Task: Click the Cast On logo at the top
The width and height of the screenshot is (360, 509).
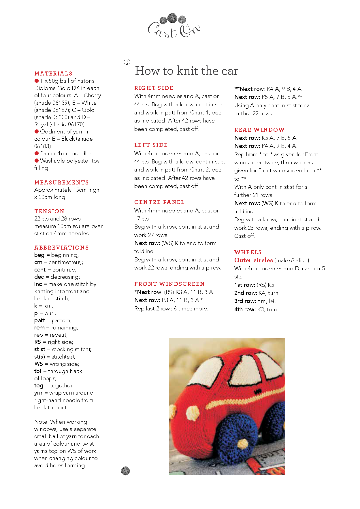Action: pyautogui.click(x=174, y=27)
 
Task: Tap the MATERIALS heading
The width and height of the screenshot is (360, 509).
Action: pyautogui.click(x=53, y=73)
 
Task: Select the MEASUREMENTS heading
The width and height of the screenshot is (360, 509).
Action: pyautogui.click(x=61, y=182)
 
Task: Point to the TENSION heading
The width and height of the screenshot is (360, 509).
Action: pyautogui.click(x=49, y=211)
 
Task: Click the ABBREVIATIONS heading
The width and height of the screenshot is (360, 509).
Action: pyautogui.click(x=61, y=248)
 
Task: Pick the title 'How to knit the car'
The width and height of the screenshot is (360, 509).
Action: pyautogui.click(x=186, y=71)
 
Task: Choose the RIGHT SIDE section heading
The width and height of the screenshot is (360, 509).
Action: pyautogui.click(x=154, y=88)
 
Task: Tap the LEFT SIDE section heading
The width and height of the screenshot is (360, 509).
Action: pyautogui.click(x=151, y=145)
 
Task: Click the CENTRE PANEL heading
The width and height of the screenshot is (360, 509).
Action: pyautogui.click(x=159, y=202)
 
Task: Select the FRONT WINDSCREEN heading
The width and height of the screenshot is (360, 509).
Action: pyautogui.click(x=169, y=284)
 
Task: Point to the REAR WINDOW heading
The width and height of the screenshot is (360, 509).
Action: pyautogui.click(x=259, y=130)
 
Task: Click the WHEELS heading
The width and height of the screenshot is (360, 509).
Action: pyautogui.click(x=248, y=252)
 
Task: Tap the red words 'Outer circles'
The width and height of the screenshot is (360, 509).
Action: pyautogui.click(x=254, y=260)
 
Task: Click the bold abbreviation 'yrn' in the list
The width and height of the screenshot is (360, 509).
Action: pyautogui.click(x=38, y=393)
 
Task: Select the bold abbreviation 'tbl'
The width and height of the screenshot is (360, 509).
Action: pyautogui.click(x=38, y=371)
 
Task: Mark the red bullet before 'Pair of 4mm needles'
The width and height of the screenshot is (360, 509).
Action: pyautogui.click(x=37, y=153)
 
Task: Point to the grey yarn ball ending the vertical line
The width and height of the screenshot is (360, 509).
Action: pyautogui.click(x=125, y=471)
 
